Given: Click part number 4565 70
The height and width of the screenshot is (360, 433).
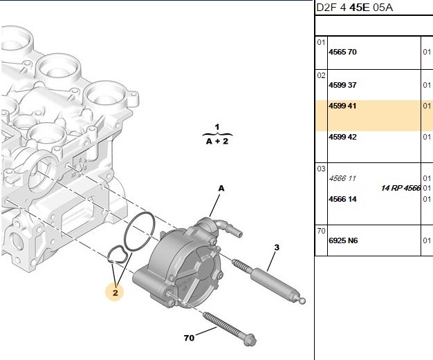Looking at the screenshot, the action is click(x=342, y=52).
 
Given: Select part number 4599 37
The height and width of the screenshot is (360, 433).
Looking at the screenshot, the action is click(x=342, y=85).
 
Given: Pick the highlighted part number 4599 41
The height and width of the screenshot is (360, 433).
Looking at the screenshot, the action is click(x=342, y=106).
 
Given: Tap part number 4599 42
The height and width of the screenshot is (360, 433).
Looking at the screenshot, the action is click(x=342, y=137).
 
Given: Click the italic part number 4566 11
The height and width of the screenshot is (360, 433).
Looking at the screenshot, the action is click(x=342, y=178).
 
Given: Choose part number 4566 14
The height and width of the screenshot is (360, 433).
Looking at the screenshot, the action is click(x=342, y=199).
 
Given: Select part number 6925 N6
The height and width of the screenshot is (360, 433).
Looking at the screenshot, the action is click(x=343, y=241).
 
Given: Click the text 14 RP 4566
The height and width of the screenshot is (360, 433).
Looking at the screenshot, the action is click(x=400, y=188).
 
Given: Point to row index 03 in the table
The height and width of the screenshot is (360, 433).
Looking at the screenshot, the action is click(x=321, y=169).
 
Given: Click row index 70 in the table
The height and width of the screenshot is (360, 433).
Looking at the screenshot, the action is click(x=321, y=231).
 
